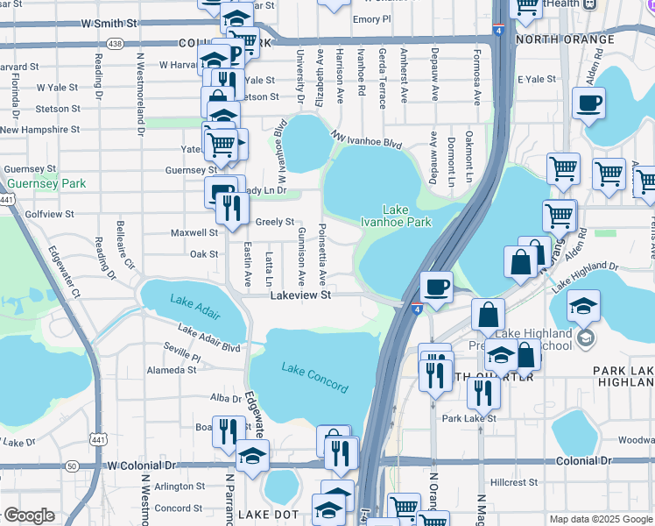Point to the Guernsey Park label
(45, 183)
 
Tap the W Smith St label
(107, 24)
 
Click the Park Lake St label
(468, 418)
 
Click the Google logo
(29, 515)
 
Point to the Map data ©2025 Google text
(600, 519)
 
